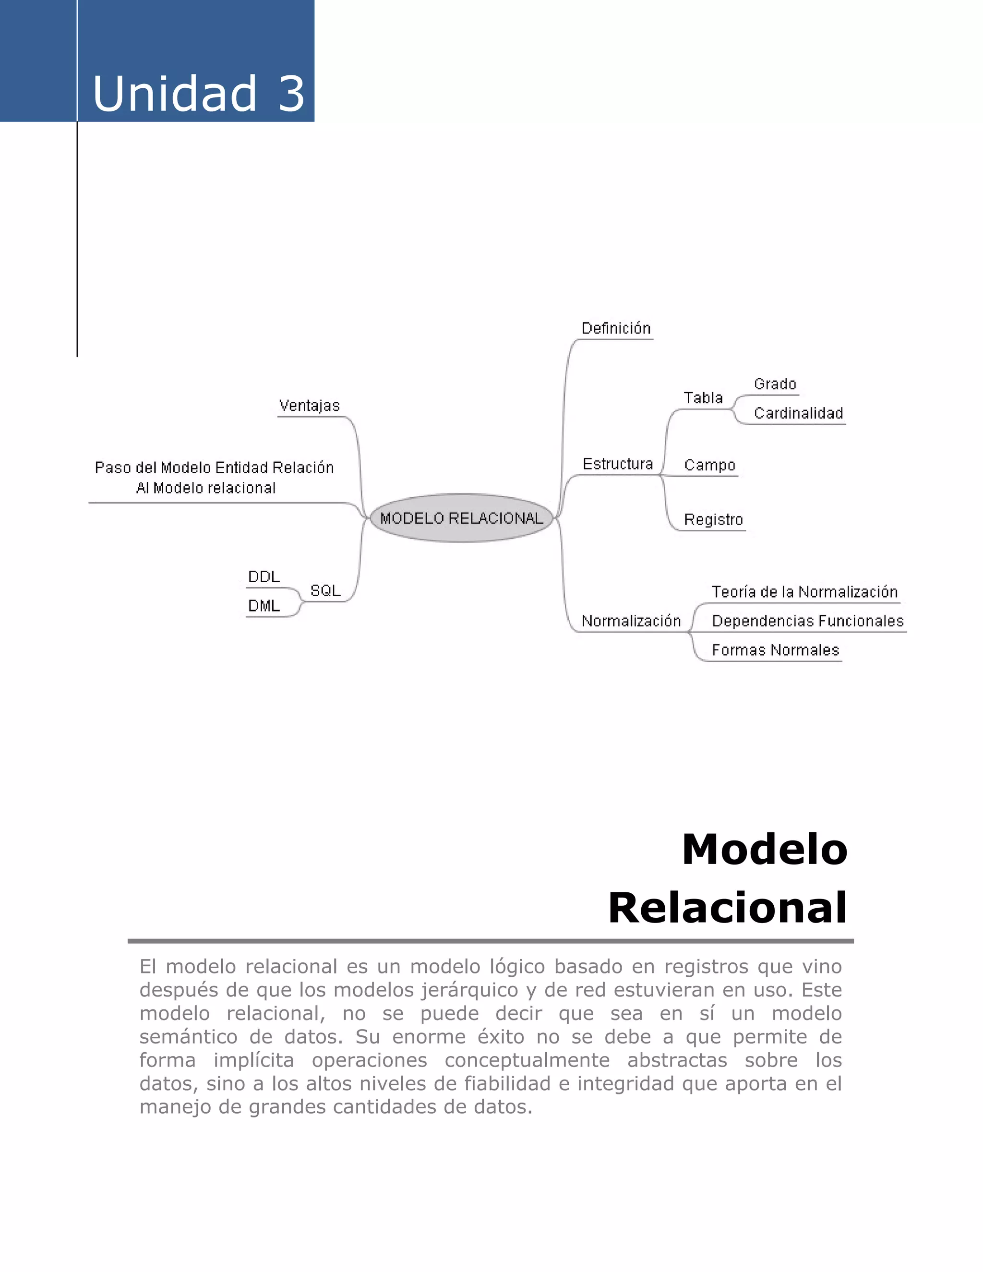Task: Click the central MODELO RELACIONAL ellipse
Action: coord(461,518)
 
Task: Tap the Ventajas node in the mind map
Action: coord(309,406)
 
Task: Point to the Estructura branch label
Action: coord(617,464)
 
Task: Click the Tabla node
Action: coord(703,398)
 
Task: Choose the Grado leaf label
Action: coord(775,384)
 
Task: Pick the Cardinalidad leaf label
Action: coord(798,413)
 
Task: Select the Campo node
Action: coord(709,465)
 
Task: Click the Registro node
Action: coord(713,519)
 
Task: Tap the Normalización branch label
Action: coord(631,622)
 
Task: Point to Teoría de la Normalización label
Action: coord(804,592)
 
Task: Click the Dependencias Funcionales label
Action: coord(807,622)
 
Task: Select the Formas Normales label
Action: coord(775,650)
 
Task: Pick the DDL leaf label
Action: coord(264,577)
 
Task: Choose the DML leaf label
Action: coord(264,606)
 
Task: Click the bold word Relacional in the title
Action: coord(727,908)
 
